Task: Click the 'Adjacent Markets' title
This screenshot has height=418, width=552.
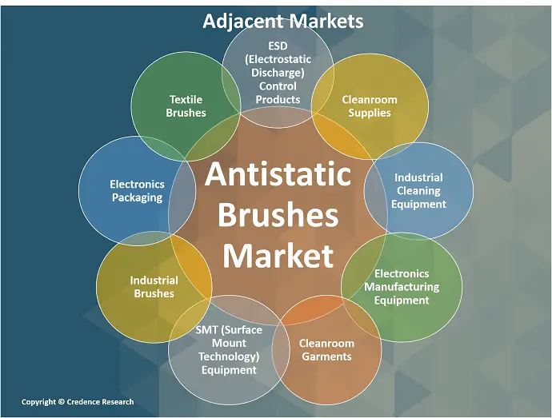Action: tap(283, 21)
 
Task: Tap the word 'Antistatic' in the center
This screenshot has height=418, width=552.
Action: tap(278, 173)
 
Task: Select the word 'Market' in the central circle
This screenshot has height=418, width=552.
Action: tap(278, 255)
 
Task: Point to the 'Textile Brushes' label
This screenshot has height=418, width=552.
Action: tap(186, 106)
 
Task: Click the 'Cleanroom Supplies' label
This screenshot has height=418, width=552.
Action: tap(370, 106)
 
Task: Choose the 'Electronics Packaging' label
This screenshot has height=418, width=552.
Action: tap(138, 191)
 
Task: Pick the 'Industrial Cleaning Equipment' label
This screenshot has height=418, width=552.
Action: tap(418, 191)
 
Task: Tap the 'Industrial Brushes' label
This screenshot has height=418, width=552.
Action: tap(154, 287)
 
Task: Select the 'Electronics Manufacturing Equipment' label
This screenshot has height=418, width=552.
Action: tap(402, 287)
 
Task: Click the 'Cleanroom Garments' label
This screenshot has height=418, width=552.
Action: tap(326, 350)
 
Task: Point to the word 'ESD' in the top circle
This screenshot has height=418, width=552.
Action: tap(278, 46)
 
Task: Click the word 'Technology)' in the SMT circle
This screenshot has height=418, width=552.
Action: tap(229, 356)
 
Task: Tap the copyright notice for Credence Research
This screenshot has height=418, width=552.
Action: tap(78, 402)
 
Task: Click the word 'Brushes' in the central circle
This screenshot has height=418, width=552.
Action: tap(278, 215)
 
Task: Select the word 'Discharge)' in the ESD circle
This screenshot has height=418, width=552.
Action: tap(278, 73)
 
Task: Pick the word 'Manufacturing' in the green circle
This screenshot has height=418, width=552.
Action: tap(402, 287)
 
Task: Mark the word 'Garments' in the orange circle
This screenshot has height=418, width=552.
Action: tap(326, 356)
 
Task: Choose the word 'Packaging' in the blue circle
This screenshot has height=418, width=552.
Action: tap(138, 197)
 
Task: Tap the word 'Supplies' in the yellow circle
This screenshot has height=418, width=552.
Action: tap(370, 113)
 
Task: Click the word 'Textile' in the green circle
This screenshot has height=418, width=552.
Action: tap(186, 100)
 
